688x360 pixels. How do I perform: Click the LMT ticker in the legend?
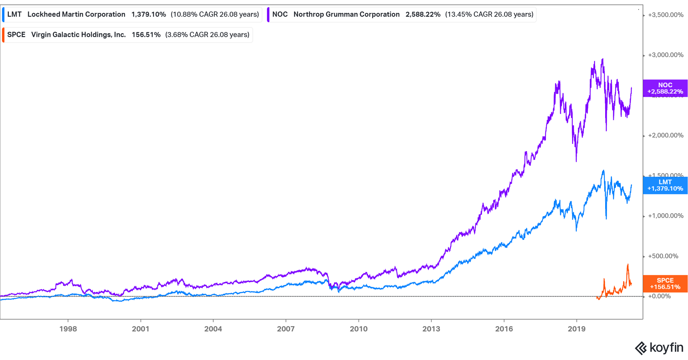(14, 14)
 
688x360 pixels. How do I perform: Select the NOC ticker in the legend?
(280, 14)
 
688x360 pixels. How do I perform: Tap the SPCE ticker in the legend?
(16, 35)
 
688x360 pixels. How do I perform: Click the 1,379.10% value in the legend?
(148, 14)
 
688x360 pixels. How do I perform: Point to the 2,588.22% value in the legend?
(423, 14)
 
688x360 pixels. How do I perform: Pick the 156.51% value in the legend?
(146, 35)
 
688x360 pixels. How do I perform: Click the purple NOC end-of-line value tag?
(665, 88)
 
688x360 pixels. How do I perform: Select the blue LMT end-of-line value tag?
(665, 185)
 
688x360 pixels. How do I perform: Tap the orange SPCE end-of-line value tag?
(665, 284)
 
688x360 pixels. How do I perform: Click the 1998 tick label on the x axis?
(68, 329)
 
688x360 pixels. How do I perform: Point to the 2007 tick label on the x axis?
(286, 329)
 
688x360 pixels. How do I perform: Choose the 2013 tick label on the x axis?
(431, 329)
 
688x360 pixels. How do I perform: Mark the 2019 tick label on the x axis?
(577, 329)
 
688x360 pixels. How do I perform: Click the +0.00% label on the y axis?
(659, 296)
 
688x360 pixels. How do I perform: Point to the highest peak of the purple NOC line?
(602, 59)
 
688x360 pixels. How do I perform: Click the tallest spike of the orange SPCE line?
(628, 265)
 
